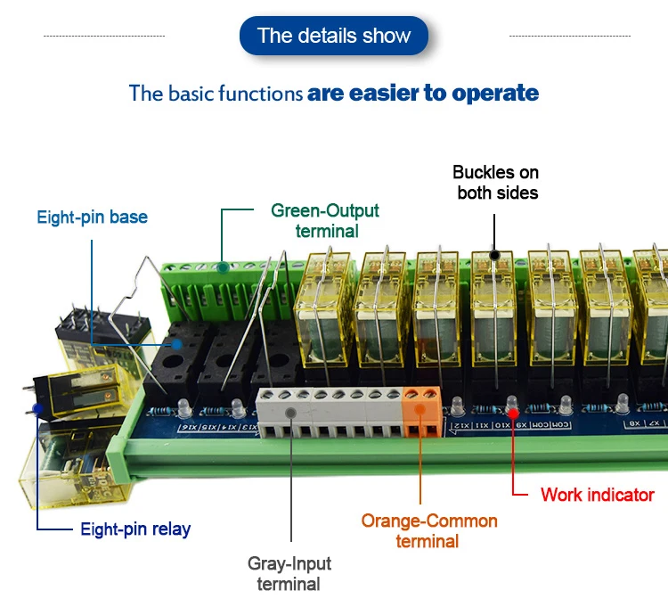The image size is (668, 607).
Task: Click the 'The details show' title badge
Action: (x=334, y=36)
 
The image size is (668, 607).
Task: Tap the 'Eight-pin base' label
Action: (x=92, y=217)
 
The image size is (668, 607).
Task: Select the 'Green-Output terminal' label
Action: (x=325, y=220)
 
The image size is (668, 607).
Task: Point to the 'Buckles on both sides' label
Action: (x=496, y=182)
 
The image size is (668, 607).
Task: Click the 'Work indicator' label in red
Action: (x=597, y=495)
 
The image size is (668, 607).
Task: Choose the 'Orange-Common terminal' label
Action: (x=429, y=530)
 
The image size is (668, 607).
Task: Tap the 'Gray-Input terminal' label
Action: (x=289, y=573)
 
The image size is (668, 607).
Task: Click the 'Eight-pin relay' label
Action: (x=135, y=529)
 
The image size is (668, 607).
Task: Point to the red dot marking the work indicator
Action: (x=513, y=411)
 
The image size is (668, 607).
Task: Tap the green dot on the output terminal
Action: (x=222, y=267)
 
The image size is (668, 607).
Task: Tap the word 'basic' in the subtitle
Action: (x=190, y=93)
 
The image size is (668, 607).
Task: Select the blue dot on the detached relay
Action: (x=37, y=408)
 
